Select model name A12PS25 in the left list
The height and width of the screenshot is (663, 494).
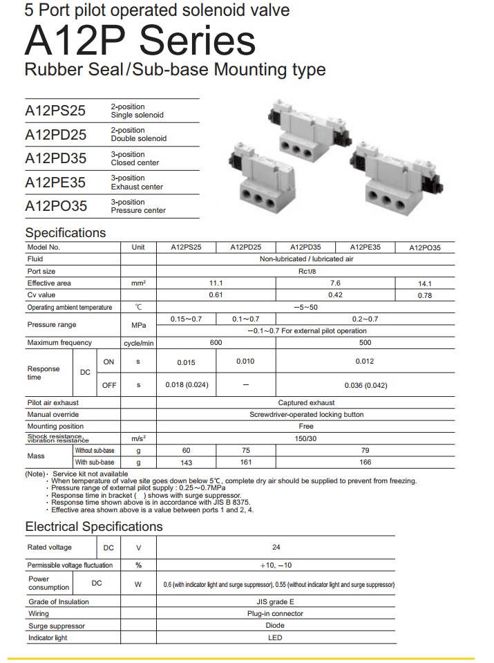56,111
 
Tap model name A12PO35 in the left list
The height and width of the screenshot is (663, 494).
56,206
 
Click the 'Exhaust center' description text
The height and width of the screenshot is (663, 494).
137,187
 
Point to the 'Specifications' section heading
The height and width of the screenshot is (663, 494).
66,232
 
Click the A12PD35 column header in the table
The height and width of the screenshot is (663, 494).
305,247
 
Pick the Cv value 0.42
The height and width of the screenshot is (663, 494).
335,295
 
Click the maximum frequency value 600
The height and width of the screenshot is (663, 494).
216,343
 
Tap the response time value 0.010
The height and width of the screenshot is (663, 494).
246,361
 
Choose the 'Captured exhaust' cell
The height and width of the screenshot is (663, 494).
306,402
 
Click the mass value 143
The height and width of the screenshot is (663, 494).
187,463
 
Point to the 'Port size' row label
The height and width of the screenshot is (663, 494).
41,272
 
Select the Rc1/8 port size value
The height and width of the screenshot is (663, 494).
306,272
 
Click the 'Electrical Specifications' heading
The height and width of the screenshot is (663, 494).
94,527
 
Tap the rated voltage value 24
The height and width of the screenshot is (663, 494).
276,548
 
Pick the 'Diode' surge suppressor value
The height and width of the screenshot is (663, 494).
275,626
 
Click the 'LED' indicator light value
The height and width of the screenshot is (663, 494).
275,637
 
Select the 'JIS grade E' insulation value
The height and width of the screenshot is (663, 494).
275,602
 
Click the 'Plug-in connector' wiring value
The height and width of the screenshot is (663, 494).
275,614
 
